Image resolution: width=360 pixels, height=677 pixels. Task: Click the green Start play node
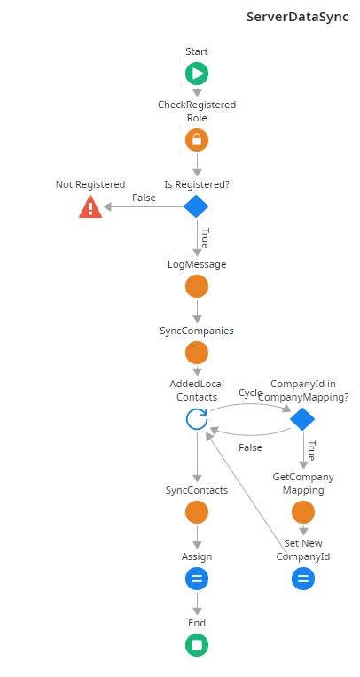197,74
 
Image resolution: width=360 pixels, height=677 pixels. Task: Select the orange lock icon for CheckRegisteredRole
197,140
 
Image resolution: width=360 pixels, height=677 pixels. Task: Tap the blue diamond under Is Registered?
196,206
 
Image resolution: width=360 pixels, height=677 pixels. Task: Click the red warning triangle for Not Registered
90,206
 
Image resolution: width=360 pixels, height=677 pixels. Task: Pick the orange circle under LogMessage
197,286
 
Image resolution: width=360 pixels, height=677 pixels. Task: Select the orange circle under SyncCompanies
197,353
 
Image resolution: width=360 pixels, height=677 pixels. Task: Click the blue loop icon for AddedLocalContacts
197,419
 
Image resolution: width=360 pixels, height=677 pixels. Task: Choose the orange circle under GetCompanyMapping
302,512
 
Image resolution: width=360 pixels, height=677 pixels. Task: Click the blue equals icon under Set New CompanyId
302,579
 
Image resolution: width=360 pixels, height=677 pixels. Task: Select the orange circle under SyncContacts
197,512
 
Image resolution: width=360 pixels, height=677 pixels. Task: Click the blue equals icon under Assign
197,579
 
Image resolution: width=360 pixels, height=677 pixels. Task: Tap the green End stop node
197,645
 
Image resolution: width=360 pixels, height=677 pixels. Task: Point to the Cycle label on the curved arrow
251,393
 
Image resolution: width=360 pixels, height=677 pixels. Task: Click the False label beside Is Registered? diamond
144,198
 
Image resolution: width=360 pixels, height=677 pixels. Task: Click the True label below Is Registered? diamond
205,237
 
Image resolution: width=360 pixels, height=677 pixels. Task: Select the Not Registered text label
90,184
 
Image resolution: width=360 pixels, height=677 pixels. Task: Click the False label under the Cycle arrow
251,447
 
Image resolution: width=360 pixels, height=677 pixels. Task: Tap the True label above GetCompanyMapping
311,449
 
